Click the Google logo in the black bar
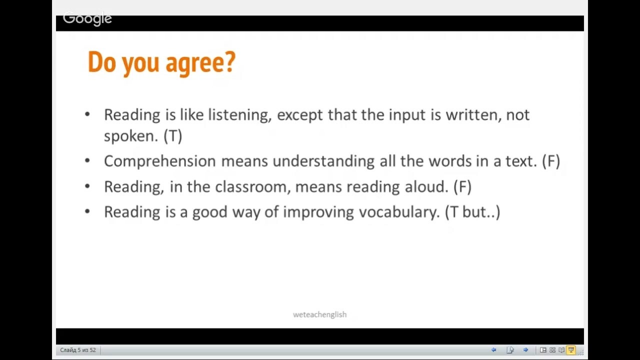tap(87, 19)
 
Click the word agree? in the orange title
tap(200, 63)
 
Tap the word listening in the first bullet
tap(239, 115)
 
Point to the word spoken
tap(131, 136)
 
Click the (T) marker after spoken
tap(173, 136)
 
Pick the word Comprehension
tap(159, 161)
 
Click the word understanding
tap(323, 161)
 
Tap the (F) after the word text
tap(551, 161)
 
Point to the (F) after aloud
tap(462, 186)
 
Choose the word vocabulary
tap(399, 212)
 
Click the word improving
tap(318, 212)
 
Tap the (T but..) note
tap(472, 212)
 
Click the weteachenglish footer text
tap(319, 314)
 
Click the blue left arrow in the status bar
tap(493, 350)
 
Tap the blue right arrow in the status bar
tap(525, 350)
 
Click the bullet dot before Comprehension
tap(87, 161)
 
